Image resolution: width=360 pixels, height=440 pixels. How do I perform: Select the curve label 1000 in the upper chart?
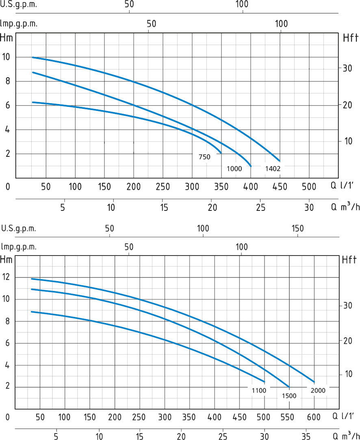coord(234,169)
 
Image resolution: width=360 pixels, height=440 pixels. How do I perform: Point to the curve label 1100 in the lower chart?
coord(258,390)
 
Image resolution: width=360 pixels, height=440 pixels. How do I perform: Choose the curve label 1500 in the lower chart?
coord(289,395)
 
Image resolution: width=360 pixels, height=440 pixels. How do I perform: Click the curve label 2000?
coord(318,390)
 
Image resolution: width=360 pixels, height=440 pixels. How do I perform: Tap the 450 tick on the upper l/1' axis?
coord(280,187)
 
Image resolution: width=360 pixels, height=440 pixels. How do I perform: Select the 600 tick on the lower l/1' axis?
coord(314,417)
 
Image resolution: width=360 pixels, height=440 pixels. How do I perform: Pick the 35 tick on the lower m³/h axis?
coord(308,436)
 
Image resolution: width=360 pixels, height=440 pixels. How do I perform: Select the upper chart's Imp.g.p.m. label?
coord(19,24)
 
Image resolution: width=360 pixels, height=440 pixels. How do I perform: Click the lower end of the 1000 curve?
coord(251,166)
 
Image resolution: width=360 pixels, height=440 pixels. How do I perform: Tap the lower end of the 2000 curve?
coord(314,382)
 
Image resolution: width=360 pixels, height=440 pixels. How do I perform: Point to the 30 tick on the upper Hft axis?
coord(346,68)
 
